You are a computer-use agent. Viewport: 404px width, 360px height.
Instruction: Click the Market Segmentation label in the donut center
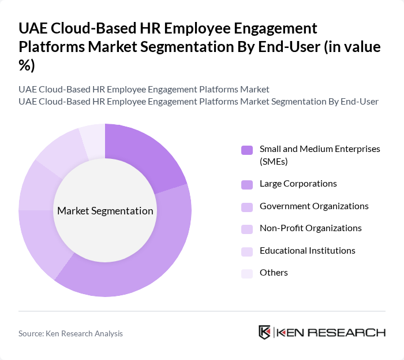coord(105,211)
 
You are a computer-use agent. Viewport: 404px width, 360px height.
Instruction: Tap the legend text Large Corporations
coord(298,184)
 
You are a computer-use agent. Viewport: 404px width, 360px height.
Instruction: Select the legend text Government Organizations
coord(314,206)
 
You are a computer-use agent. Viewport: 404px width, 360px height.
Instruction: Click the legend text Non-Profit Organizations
coord(311,228)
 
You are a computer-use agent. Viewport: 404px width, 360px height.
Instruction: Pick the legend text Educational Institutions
coord(308,250)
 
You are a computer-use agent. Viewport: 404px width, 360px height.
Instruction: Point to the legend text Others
coord(274,272)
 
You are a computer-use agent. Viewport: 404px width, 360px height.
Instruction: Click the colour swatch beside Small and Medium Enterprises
coord(247,150)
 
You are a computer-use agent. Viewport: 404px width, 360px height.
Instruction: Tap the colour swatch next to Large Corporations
coord(247,184)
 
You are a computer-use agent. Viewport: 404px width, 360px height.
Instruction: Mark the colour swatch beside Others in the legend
coord(247,273)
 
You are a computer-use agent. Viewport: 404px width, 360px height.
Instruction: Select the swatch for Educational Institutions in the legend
coord(247,251)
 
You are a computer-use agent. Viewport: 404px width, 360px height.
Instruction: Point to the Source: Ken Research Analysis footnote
coord(70,333)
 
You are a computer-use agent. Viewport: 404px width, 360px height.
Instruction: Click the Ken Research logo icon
coord(265,332)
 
